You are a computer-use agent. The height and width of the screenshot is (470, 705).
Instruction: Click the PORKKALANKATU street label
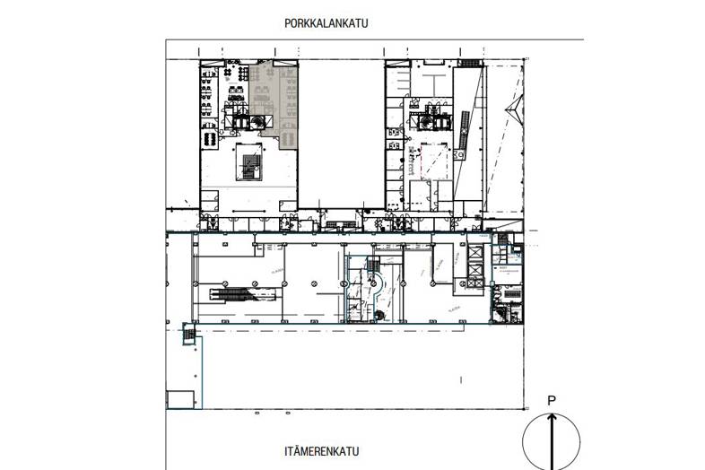pyautogui.click(x=326, y=23)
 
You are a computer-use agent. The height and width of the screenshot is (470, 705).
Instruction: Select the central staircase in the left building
pyautogui.click(x=248, y=167)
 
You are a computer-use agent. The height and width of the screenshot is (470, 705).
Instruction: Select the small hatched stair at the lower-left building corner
pyautogui.click(x=188, y=335)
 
